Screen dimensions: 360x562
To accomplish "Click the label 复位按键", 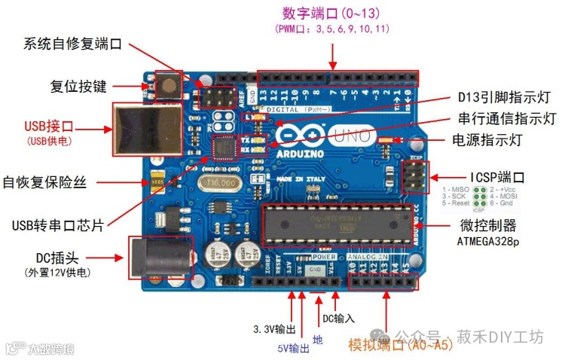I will (78, 85).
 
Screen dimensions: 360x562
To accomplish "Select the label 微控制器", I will (488, 225).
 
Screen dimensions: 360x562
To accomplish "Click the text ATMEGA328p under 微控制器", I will (488, 243).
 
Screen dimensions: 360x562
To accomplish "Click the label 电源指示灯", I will (487, 140).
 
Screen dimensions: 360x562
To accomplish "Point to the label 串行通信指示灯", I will (506, 119).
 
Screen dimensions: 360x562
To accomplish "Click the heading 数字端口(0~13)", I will (332, 14).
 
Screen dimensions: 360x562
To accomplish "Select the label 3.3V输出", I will (273, 330).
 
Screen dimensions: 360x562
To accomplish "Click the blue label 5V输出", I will (293, 348).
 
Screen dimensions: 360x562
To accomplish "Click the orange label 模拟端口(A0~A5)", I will (401, 345).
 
